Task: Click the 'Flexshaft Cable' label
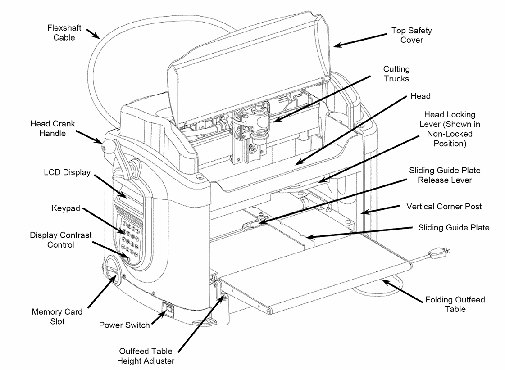pyautogui.click(x=64, y=33)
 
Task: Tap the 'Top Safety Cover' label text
pyautogui.click(x=412, y=36)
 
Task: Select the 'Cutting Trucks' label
pyautogui.click(x=396, y=74)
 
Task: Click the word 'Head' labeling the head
pyautogui.click(x=420, y=96)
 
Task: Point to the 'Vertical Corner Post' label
pyautogui.click(x=444, y=207)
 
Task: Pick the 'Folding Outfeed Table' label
pyautogui.click(x=455, y=304)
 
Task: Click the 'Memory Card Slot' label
pyautogui.click(x=57, y=316)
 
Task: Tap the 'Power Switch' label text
pyautogui.click(x=124, y=325)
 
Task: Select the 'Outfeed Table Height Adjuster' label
pyautogui.click(x=146, y=356)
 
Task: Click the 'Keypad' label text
pyautogui.click(x=65, y=208)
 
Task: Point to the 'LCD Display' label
pyautogui.click(x=67, y=172)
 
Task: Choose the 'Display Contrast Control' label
pyautogui.click(x=61, y=240)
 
